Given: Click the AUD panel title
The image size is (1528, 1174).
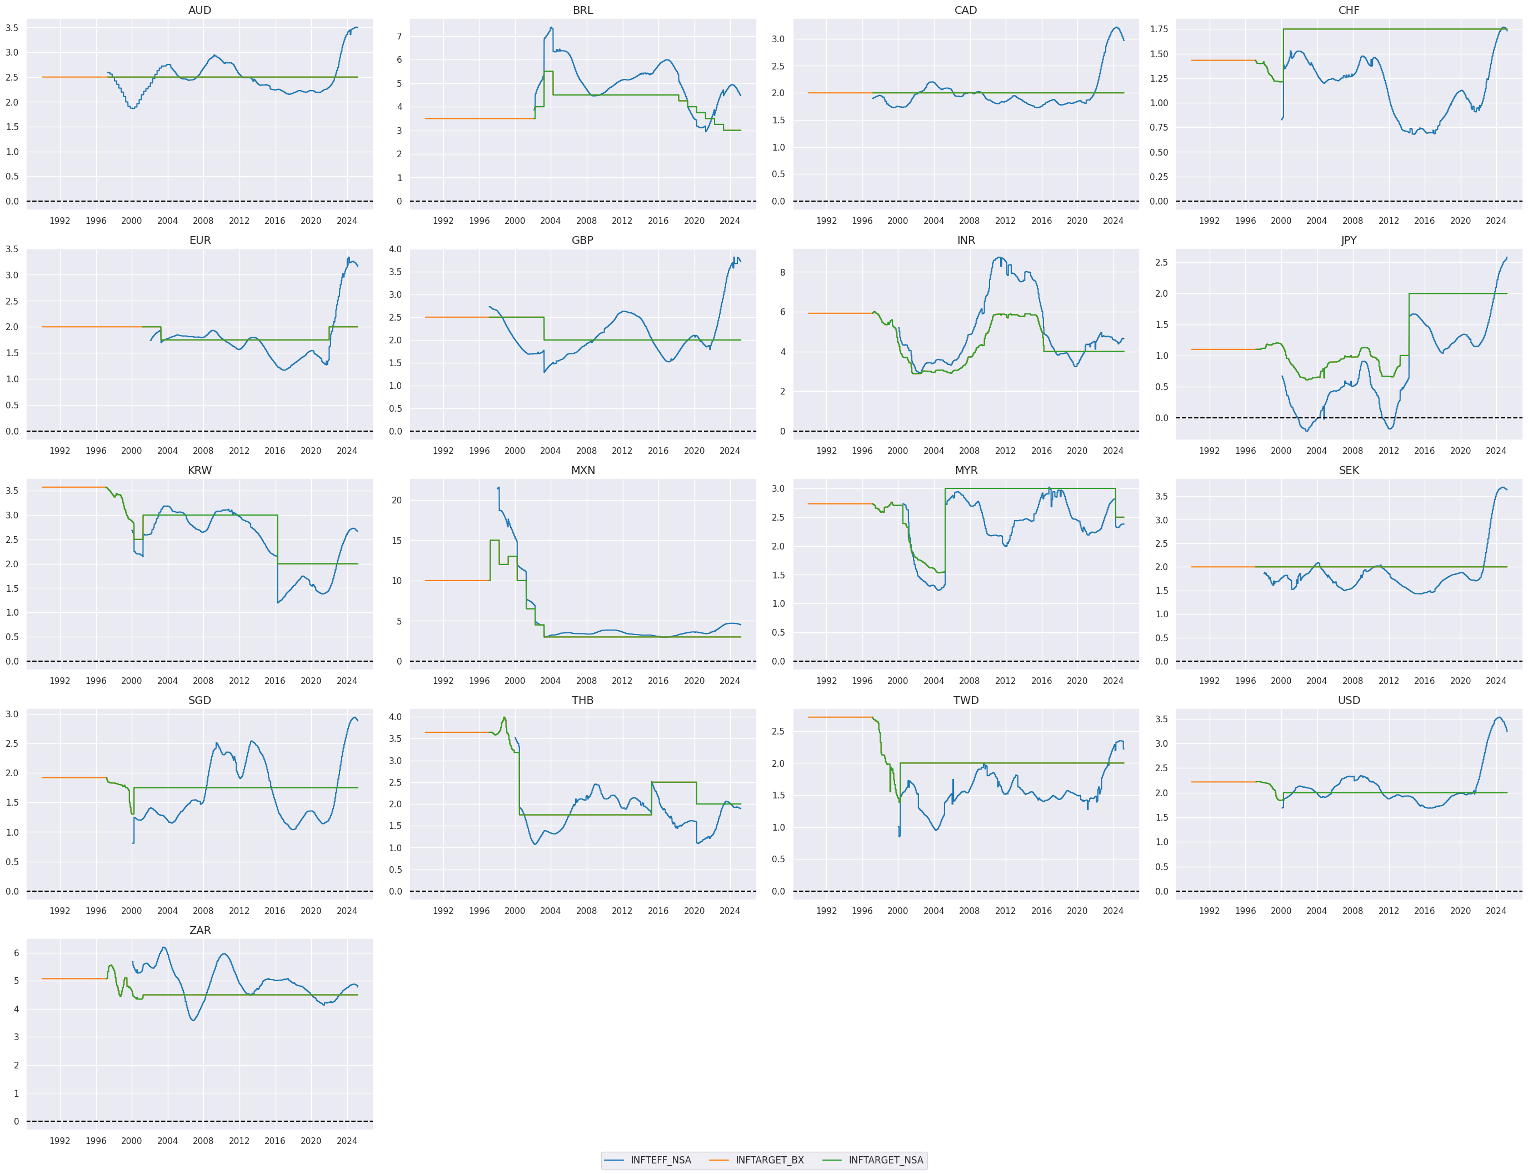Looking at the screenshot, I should (x=200, y=11).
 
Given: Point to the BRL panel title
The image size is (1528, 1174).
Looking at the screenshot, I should (x=583, y=11).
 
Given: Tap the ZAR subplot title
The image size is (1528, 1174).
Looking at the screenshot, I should (x=200, y=930).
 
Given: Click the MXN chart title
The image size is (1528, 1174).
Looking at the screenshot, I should (x=583, y=470).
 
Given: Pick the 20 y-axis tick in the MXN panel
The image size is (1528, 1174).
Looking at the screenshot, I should (x=397, y=501).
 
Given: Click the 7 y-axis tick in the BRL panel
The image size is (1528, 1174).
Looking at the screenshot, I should (x=400, y=36).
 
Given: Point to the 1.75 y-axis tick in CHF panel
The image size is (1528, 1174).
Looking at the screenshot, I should (x=1159, y=29).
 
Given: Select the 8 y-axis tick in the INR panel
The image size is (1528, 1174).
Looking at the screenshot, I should (x=782, y=273).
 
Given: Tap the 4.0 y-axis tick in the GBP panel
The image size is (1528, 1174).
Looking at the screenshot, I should (x=396, y=249).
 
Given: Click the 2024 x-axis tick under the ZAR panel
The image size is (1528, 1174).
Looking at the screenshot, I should (x=347, y=1141).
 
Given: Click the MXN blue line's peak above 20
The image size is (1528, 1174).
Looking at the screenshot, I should (x=499, y=488).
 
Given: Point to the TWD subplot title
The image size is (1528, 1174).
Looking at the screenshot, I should (x=966, y=700).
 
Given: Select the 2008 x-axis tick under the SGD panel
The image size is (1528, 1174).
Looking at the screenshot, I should (x=203, y=911).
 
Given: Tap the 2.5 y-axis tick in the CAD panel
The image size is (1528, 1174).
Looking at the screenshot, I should (x=778, y=66).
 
